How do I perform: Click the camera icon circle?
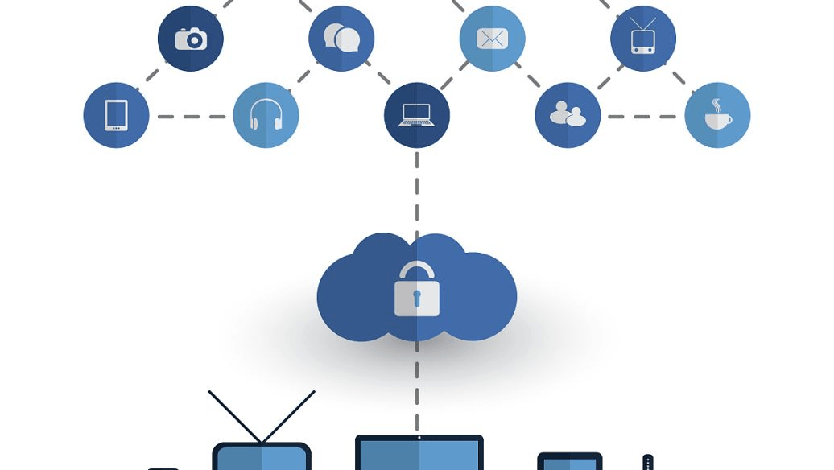(x=191, y=39)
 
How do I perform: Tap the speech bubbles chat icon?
(x=341, y=38)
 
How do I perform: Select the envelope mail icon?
(x=492, y=39)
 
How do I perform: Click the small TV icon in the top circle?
(x=642, y=38)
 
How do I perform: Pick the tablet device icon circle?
(x=116, y=115)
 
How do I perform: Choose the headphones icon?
(x=266, y=115)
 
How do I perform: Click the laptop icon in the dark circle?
(x=417, y=115)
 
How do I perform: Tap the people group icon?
(x=568, y=115)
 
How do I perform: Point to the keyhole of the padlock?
(x=417, y=299)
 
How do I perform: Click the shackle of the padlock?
(x=417, y=270)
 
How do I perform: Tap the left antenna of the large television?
(x=234, y=416)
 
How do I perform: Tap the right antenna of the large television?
(x=288, y=416)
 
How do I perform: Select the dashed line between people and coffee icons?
(x=642, y=117)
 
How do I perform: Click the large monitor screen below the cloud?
(x=419, y=456)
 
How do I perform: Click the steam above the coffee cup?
(x=716, y=105)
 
